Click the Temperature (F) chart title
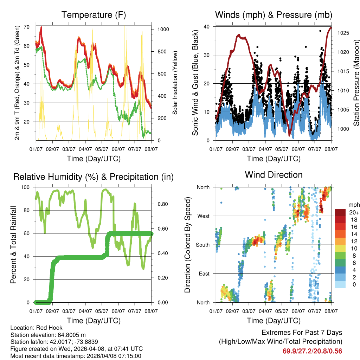[94, 15]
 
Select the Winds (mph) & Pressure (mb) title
[274, 15]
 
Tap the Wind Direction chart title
[274, 175]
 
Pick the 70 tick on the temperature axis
[26, 27]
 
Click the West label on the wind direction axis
[203, 216]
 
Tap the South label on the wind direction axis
[202, 245]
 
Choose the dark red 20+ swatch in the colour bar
[340, 212]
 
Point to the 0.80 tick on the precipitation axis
[161, 204]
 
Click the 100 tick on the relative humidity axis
[25, 187]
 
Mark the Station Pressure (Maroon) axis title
[356, 82]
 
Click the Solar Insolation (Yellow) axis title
[175, 83]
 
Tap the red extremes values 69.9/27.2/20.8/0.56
[312, 351]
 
